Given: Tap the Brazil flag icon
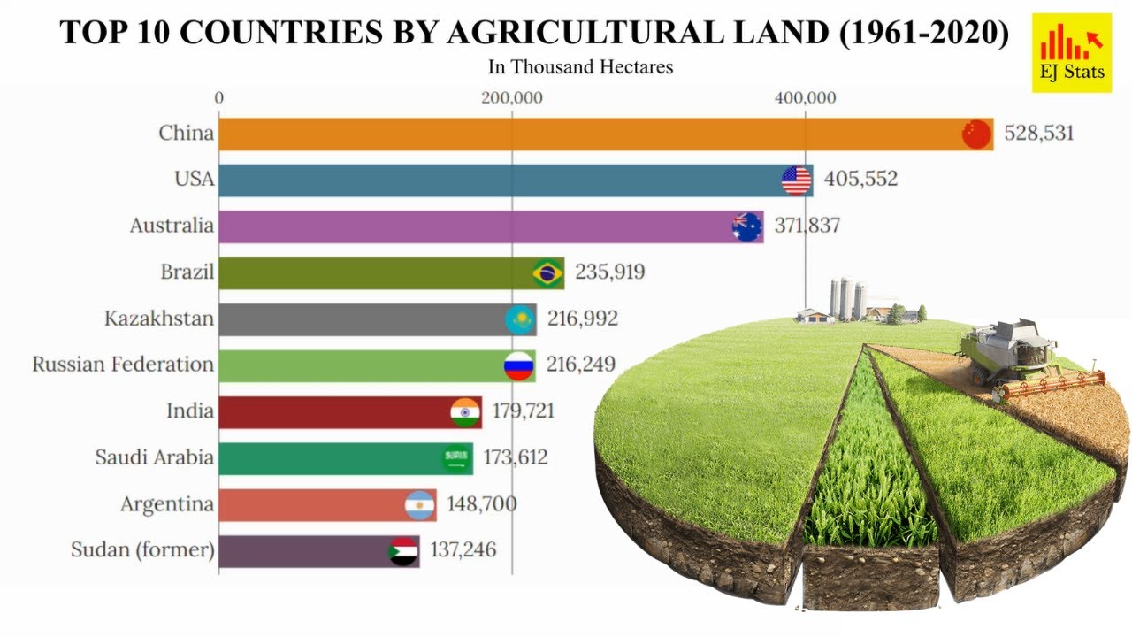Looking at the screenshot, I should click(x=547, y=273).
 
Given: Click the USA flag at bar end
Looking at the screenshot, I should click(x=797, y=180).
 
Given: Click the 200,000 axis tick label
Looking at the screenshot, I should click(x=512, y=98).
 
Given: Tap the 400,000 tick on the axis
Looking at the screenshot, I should click(x=805, y=98).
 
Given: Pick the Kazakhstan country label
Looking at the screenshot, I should click(x=159, y=318).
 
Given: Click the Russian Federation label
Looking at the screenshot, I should click(x=123, y=365).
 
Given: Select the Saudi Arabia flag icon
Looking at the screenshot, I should click(x=457, y=458).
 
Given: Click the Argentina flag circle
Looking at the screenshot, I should click(x=419, y=505).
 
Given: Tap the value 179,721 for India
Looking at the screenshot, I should click(x=524, y=411).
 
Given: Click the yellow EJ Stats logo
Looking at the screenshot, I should click(x=1071, y=53).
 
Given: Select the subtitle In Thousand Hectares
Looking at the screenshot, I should click(x=580, y=67).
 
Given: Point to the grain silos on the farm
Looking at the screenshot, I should click(x=847, y=298).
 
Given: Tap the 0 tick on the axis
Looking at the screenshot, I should click(x=219, y=98).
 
